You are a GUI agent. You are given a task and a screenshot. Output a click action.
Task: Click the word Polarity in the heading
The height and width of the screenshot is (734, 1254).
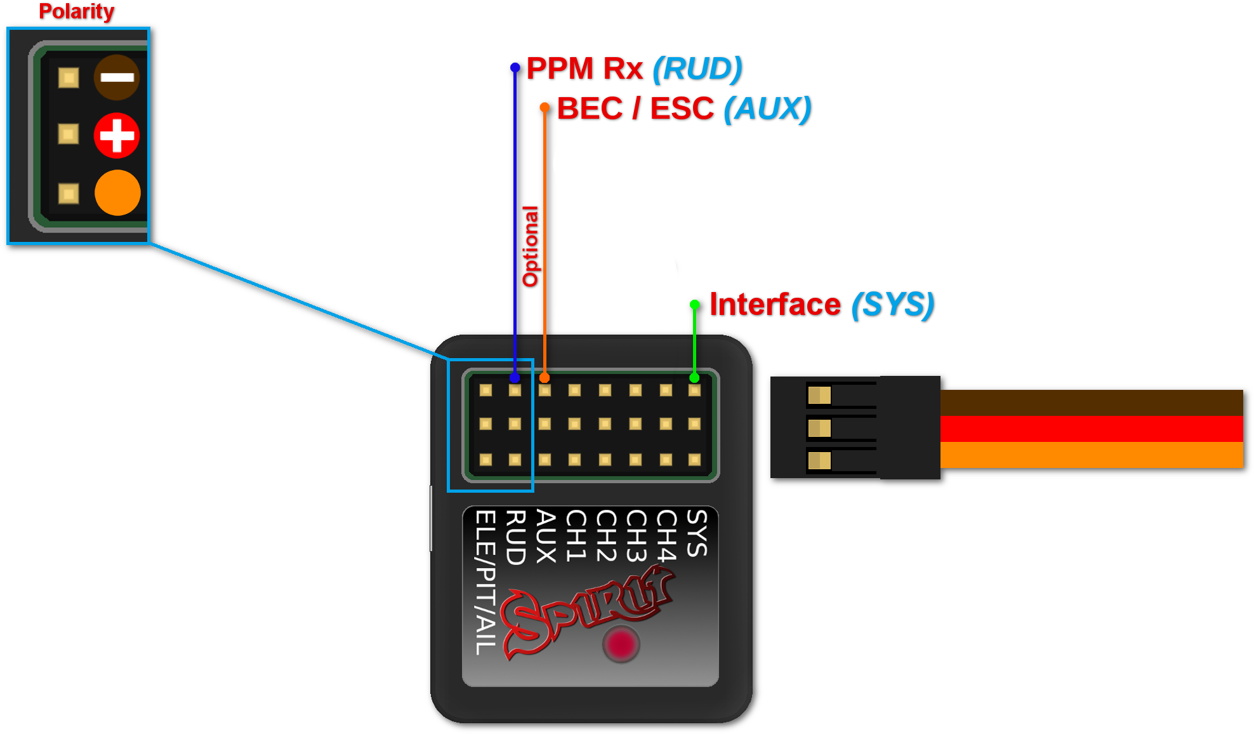pos(76,11)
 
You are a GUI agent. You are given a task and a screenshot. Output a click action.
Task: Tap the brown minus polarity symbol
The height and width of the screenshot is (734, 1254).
pos(117,77)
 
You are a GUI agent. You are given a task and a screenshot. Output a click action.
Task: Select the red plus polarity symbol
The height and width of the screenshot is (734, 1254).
pos(117,135)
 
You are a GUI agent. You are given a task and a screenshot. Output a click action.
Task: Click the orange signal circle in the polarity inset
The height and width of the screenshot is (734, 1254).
pos(117,192)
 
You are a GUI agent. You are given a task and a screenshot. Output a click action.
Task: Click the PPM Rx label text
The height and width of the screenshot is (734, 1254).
pos(584,69)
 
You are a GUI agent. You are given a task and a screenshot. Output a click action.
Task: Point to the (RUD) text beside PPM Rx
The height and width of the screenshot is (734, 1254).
pos(697,69)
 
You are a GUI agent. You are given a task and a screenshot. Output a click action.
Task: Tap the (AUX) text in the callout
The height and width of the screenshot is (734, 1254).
pos(767,109)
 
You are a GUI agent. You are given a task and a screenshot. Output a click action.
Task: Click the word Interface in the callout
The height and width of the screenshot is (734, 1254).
pos(775,304)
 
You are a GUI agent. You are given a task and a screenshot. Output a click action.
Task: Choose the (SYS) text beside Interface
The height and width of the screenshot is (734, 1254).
pos(892,304)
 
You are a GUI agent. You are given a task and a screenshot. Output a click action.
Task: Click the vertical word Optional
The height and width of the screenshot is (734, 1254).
pos(530,246)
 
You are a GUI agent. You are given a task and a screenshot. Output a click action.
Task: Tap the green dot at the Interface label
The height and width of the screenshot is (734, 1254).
pos(695,305)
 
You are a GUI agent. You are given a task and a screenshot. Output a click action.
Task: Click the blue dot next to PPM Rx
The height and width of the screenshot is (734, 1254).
pos(515,67)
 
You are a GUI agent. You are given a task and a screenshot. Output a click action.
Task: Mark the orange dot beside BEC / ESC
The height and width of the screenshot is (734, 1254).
pos(544,107)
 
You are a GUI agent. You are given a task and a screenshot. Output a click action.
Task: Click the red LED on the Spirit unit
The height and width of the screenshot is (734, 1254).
pos(621,644)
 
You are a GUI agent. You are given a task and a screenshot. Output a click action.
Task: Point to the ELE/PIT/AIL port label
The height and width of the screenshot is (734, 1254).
pos(485,582)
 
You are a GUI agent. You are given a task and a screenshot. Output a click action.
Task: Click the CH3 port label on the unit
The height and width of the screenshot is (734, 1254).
pos(636,536)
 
